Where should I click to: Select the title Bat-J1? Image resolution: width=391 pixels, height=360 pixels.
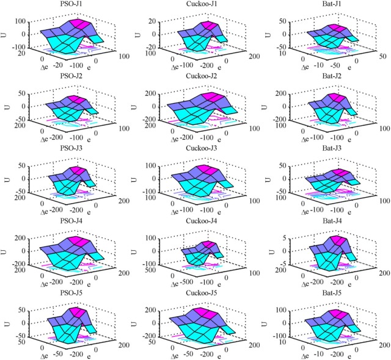click(325, 4)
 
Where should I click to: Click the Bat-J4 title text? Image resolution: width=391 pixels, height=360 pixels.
click(325, 218)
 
